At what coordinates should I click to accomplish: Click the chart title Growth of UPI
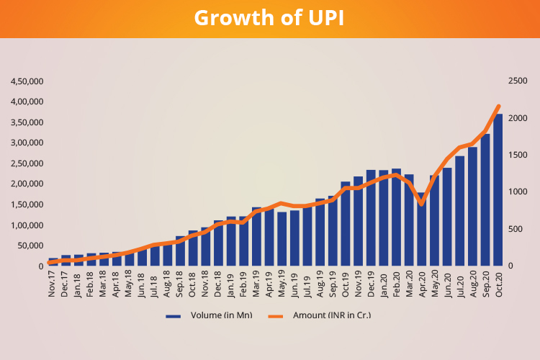(x=269, y=18)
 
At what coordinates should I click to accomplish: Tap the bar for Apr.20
(x=422, y=234)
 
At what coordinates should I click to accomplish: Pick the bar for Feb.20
(x=396, y=217)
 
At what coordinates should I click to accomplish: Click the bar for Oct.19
(x=346, y=224)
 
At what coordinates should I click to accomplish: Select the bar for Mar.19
(x=256, y=237)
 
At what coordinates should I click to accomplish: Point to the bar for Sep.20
(x=485, y=200)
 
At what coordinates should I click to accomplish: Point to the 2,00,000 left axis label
(x=27, y=184)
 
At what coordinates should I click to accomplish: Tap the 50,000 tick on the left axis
(x=29, y=246)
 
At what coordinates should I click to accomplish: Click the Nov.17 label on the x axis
(x=53, y=283)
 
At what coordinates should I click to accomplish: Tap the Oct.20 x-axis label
(x=498, y=283)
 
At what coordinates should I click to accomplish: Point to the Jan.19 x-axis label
(x=231, y=283)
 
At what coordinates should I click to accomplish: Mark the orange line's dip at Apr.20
(x=422, y=204)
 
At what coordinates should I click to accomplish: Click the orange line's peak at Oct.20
(x=498, y=107)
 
